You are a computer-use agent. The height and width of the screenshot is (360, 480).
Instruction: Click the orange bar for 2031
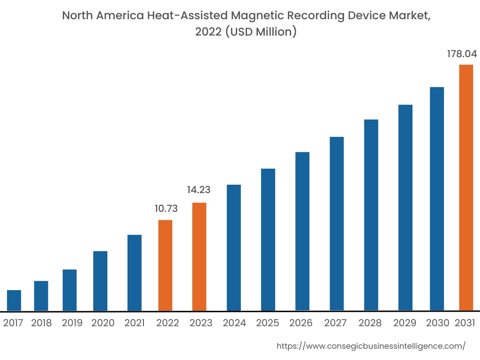tap(466, 187)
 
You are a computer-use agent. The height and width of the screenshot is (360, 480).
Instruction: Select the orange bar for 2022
tap(165, 265)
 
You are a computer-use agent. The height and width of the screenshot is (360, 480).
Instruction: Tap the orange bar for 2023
tap(199, 257)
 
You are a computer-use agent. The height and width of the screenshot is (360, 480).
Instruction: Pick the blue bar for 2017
tap(14, 300)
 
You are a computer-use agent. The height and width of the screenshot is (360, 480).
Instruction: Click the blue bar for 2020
tap(100, 281)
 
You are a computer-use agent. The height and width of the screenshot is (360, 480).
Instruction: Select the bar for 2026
tap(302, 231)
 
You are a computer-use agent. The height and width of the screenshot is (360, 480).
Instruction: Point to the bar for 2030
tap(436, 199)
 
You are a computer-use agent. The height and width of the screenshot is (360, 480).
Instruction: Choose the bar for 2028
tap(371, 215)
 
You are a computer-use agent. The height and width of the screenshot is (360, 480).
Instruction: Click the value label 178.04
tap(462, 54)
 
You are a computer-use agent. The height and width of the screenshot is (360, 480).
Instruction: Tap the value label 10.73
tap(166, 209)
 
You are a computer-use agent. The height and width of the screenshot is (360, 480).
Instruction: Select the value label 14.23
tap(199, 190)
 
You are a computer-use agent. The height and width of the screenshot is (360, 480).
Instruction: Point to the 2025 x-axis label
tap(268, 323)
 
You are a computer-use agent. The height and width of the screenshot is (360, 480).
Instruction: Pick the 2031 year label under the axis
tap(465, 323)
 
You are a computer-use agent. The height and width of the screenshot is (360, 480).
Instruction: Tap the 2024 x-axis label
tap(234, 323)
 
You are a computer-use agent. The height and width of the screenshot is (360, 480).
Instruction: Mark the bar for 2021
tap(135, 273)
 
